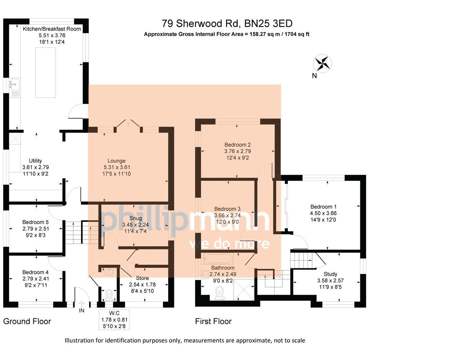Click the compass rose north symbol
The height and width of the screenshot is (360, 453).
pyautogui.click(x=322, y=63)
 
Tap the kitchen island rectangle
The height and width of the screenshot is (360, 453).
pyautogui.click(x=45, y=72)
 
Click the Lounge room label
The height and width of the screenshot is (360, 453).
pyautogui.click(x=116, y=161)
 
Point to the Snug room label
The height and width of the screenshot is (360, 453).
pyautogui.click(x=136, y=218)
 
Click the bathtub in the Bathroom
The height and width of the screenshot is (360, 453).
pyautogui.click(x=218, y=258)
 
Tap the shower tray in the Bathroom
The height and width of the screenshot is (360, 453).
pyautogui.click(x=243, y=290)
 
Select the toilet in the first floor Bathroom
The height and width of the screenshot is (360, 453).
pyautogui.click(x=220, y=293)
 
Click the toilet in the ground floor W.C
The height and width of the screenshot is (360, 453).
pyautogui.click(x=109, y=295)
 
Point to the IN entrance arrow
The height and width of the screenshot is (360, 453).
pyautogui.click(x=82, y=304)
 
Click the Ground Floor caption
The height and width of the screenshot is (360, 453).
pyautogui.click(x=27, y=321)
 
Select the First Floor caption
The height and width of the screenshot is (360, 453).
pyautogui.click(x=213, y=321)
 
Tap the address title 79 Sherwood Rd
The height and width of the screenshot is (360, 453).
pyautogui.click(x=227, y=24)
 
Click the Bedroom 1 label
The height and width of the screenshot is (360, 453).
pyautogui.click(x=323, y=207)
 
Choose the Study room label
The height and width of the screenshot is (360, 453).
pyautogui.click(x=330, y=274)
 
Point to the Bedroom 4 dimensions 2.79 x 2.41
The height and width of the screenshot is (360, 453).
pyautogui.click(x=36, y=279)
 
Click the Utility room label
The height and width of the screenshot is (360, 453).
pyautogui.click(x=35, y=161)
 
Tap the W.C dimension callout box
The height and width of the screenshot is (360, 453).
pyautogui.click(x=114, y=320)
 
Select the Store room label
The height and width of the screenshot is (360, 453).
pyautogui.click(x=142, y=278)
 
